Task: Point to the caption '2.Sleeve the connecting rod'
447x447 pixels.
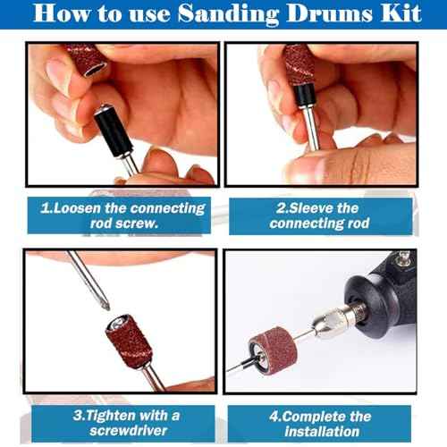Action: [x=319, y=215]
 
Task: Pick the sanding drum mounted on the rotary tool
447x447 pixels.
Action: [x=271, y=350]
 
